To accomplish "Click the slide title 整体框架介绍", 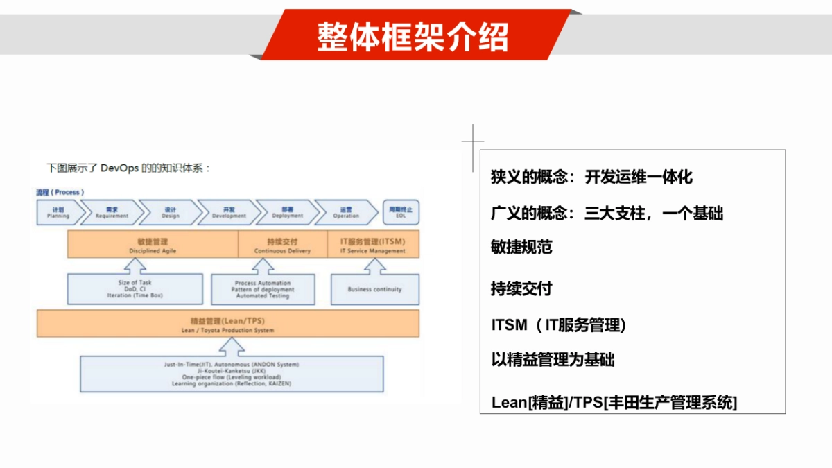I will [x=413, y=36].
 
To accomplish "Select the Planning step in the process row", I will [x=58, y=213].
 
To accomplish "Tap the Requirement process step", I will [x=112, y=213].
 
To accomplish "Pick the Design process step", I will [x=170, y=213].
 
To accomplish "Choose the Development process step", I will [x=229, y=213].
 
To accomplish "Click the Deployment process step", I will [x=287, y=213].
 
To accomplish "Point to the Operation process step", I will [x=345, y=213].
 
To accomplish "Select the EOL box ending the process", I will [x=401, y=213].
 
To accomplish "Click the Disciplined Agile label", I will [x=153, y=245].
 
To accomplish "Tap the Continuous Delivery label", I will [x=282, y=245].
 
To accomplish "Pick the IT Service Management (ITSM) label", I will [x=373, y=245].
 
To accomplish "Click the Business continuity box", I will [x=374, y=289].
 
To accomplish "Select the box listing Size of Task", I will [x=135, y=289].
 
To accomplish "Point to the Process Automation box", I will [x=263, y=289].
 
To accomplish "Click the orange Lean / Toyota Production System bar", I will [x=227, y=324].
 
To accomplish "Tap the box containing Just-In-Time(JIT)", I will [x=232, y=374].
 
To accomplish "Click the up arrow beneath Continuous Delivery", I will [x=262, y=266].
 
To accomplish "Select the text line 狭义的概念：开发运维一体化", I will [x=591, y=177].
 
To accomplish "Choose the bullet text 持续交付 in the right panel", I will [x=521, y=288].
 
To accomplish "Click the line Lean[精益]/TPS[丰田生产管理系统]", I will [x=614, y=402].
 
